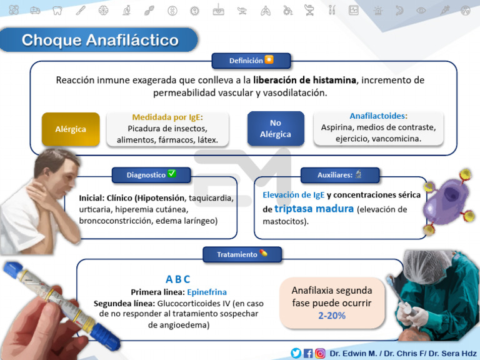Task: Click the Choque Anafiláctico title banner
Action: (100, 41)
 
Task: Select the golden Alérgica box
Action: (71, 129)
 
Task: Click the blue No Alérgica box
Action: (275, 129)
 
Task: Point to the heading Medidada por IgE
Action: (167, 117)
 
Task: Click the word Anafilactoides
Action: (378, 116)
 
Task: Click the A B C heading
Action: (178, 279)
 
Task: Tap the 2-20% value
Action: (331, 316)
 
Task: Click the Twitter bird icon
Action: (296, 353)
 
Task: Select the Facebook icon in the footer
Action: (308, 353)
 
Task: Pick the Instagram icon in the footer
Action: (320, 353)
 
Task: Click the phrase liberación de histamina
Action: (304, 81)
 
